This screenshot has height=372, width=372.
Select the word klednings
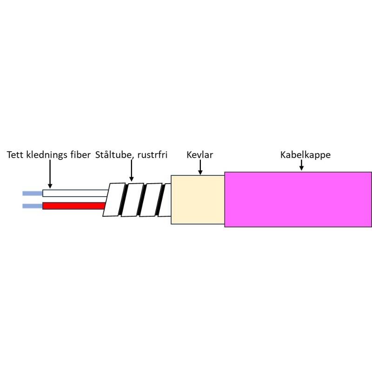[47, 155]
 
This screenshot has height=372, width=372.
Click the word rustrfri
[152, 155]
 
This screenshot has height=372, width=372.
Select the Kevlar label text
[199, 155]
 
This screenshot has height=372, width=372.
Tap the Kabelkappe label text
[305, 155]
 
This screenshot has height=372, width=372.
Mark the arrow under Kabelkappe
[301, 165]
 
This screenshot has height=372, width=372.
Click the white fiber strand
[74, 193]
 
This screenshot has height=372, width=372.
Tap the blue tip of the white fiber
[32, 193]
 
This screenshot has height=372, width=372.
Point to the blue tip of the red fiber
[32, 206]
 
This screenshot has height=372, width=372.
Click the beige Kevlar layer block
[198, 199]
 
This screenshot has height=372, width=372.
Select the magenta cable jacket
[298, 199]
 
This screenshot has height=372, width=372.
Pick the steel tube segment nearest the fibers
[114, 199]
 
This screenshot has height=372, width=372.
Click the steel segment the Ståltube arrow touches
[132, 199]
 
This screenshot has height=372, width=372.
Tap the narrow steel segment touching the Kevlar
[165, 200]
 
